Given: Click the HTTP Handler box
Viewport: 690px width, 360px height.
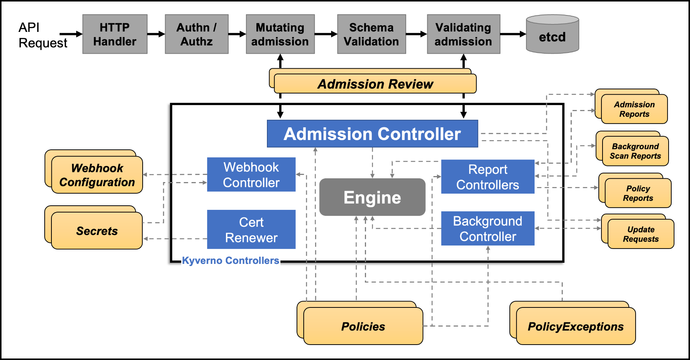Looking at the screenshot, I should [115, 34].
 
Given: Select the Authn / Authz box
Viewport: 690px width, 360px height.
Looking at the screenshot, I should [196, 34].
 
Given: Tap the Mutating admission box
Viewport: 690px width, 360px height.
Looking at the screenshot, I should [280, 34].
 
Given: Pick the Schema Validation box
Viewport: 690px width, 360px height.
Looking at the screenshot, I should [371, 34].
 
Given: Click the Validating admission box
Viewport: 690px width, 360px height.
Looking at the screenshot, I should [463, 34].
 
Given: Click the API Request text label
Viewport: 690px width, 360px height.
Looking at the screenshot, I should [42, 35].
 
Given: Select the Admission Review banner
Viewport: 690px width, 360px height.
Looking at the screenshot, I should [375, 84].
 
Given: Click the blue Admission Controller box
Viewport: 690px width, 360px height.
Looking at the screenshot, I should [372, 134].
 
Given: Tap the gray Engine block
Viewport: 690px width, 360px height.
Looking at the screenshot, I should [372, 197].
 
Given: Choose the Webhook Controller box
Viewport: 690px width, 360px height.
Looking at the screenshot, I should [251, 175].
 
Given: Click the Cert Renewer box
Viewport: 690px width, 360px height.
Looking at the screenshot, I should [251, 229].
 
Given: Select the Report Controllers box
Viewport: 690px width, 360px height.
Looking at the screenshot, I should [487, 177].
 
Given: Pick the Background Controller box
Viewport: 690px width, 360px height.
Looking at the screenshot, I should [487, 228].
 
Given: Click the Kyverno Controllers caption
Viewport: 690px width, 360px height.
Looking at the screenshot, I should [230, 261].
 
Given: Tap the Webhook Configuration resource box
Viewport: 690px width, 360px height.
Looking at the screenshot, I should [97, 175].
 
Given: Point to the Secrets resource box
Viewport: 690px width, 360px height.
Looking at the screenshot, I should [97, 230].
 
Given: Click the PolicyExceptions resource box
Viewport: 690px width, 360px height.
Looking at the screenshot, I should [576, 326].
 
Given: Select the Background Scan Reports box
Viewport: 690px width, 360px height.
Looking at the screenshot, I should [635, 151].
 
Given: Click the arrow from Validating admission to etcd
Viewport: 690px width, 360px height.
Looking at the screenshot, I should [513, 34].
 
